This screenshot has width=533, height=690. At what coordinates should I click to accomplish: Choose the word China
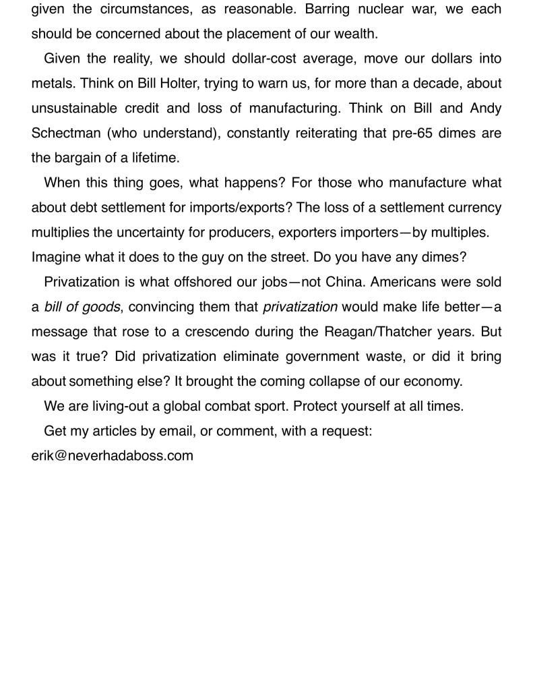[x=344, y=282]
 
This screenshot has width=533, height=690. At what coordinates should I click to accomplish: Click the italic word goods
[x=100, y=307]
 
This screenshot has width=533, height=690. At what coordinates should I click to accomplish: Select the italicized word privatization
[x=300, y=307]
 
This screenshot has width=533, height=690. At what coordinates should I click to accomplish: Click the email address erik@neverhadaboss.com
[x=112, y=456]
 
